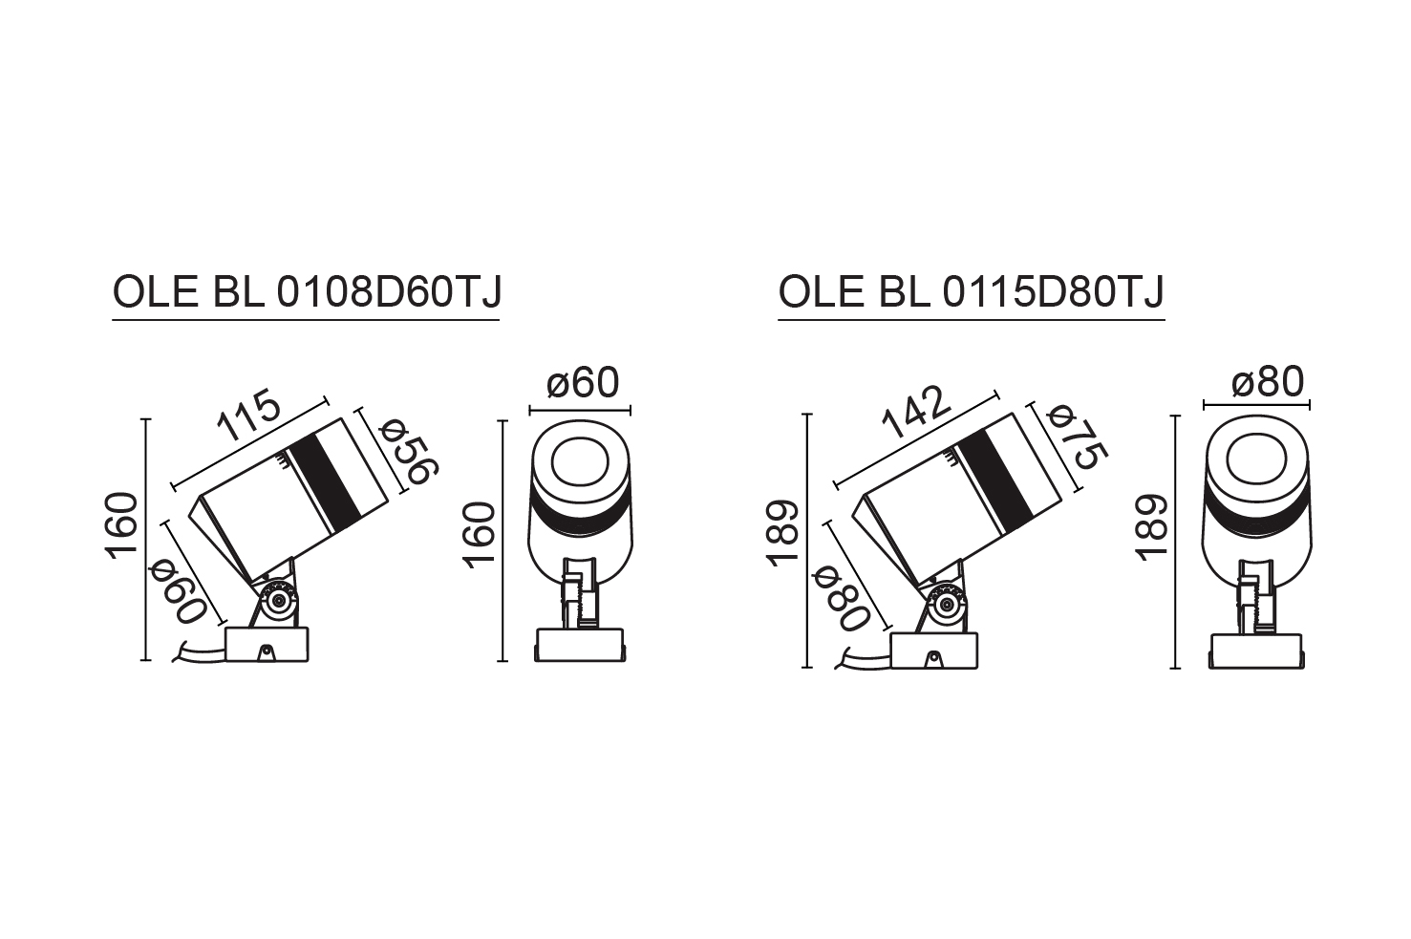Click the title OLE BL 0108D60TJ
coord(307,293)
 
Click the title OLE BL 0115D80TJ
coord(972,293)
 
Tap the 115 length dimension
coord(248,416)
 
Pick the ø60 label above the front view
coord(584,383)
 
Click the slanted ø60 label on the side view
coord(179,594)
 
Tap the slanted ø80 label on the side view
coord(842,600)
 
